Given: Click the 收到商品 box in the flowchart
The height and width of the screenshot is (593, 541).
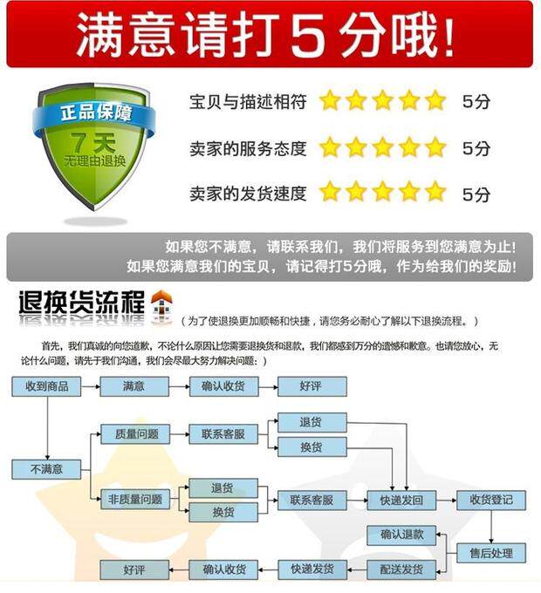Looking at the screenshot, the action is [46, 385].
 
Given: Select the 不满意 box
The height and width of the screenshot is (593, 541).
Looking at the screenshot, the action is [46, 469].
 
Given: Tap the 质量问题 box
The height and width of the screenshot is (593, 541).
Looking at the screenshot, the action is [135, 433].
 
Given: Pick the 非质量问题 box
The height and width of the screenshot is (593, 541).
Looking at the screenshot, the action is [135, 500].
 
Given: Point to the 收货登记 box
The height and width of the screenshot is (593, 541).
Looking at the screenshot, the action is [491, 500].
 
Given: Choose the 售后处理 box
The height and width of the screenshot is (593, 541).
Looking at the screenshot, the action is [491, 552].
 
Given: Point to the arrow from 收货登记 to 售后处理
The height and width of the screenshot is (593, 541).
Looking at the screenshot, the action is [491, 526].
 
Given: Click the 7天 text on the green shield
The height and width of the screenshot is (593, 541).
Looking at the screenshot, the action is [93, 140].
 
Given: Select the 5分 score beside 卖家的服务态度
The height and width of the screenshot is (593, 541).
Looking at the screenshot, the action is [476, 148].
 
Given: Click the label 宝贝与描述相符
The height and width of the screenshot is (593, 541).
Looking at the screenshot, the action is [248, 102].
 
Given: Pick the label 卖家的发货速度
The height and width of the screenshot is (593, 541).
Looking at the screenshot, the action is [248, 194].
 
